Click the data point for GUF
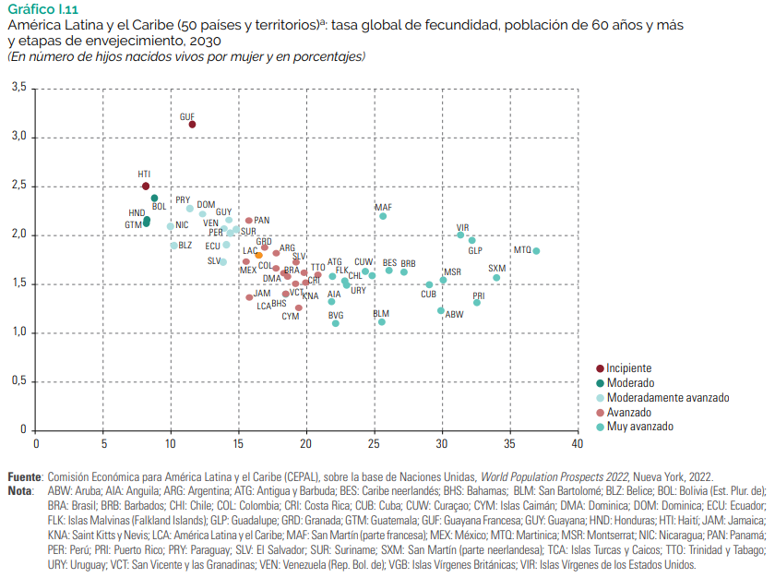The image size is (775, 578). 192,125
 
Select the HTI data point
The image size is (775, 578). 146,187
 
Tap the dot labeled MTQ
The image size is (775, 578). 536,251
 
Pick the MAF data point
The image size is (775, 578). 383,216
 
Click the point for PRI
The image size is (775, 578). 477,303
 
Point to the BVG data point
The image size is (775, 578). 336,323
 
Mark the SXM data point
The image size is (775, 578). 496,278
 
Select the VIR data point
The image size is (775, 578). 460,235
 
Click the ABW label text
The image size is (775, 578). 454,315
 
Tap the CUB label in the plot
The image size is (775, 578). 428,295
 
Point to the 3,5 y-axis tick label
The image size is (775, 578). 18,88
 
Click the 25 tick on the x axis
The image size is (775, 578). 375,444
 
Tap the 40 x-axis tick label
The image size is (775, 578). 578,444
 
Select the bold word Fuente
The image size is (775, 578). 24,476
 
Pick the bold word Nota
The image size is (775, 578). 19,490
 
